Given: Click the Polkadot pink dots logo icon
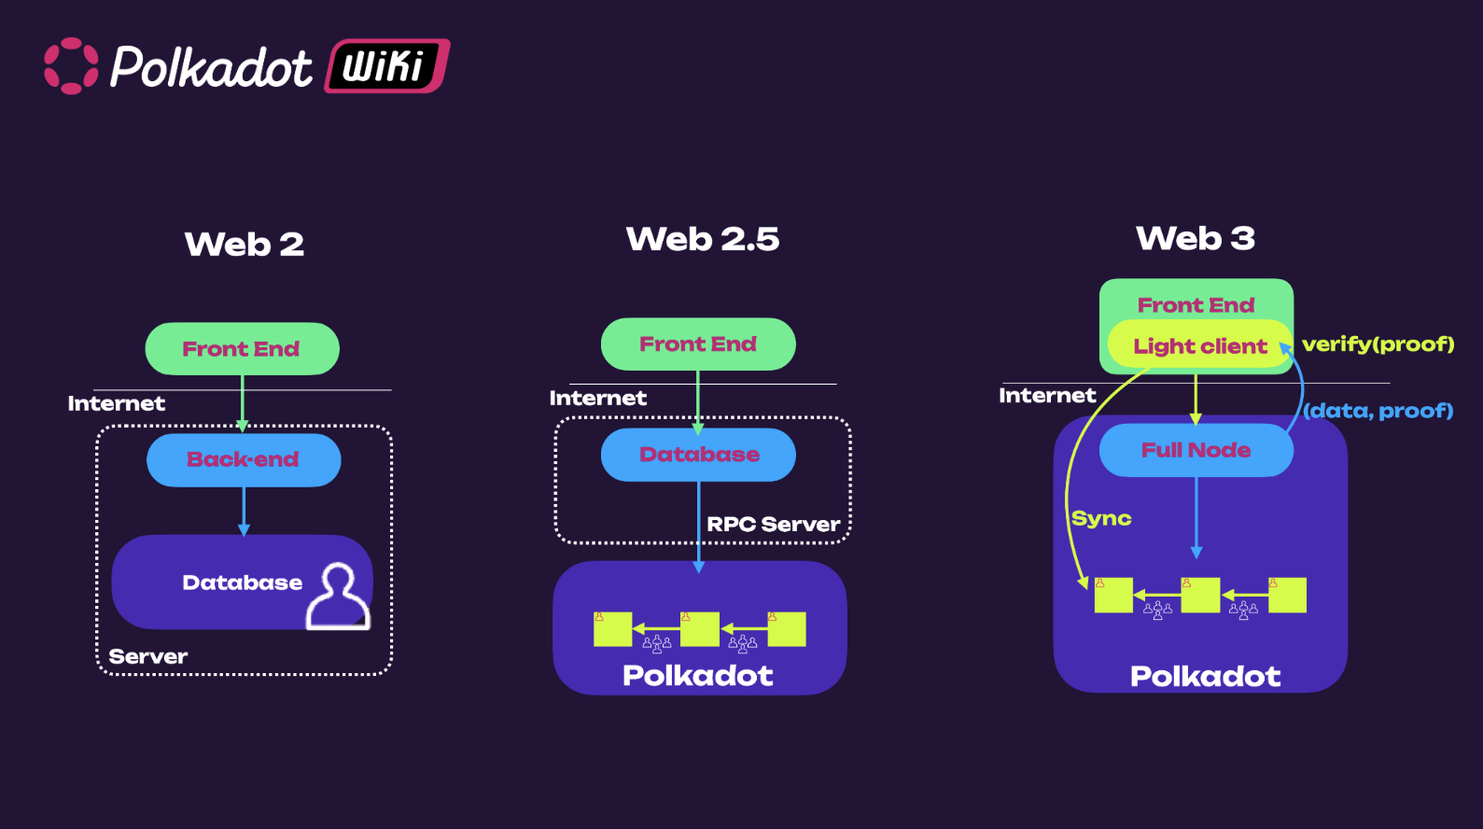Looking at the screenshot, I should tap(71, 66).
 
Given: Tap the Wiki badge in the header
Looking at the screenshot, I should tap(386, 66).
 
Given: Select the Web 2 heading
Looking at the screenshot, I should tap(245, 245).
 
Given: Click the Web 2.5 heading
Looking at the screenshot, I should tap(703, 239).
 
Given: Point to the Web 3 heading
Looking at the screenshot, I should tap(1196, 238).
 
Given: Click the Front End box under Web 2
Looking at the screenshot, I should tap(242, 349).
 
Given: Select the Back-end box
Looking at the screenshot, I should tap(244, 459).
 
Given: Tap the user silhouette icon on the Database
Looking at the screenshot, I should tap(338, 597).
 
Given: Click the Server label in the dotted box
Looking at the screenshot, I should tap(148, 656).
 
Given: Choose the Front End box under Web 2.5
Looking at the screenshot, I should tap(698, 344).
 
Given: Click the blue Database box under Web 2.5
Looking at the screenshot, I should tap(698, 455).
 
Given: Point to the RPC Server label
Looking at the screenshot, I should tap(773, 525).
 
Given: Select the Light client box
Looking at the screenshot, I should tap(1200, 346).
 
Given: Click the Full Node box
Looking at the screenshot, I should tap(1196, 450).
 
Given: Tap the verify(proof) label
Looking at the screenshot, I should tap(1378, 344).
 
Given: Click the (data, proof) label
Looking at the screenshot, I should tap(1378, 411).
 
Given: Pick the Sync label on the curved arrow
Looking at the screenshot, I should tap(1101, 519).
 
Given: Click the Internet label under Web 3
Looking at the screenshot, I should tap(1047, 396).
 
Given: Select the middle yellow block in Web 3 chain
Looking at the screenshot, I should tap(1200, 595).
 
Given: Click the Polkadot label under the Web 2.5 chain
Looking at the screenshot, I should tap(698, 675).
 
